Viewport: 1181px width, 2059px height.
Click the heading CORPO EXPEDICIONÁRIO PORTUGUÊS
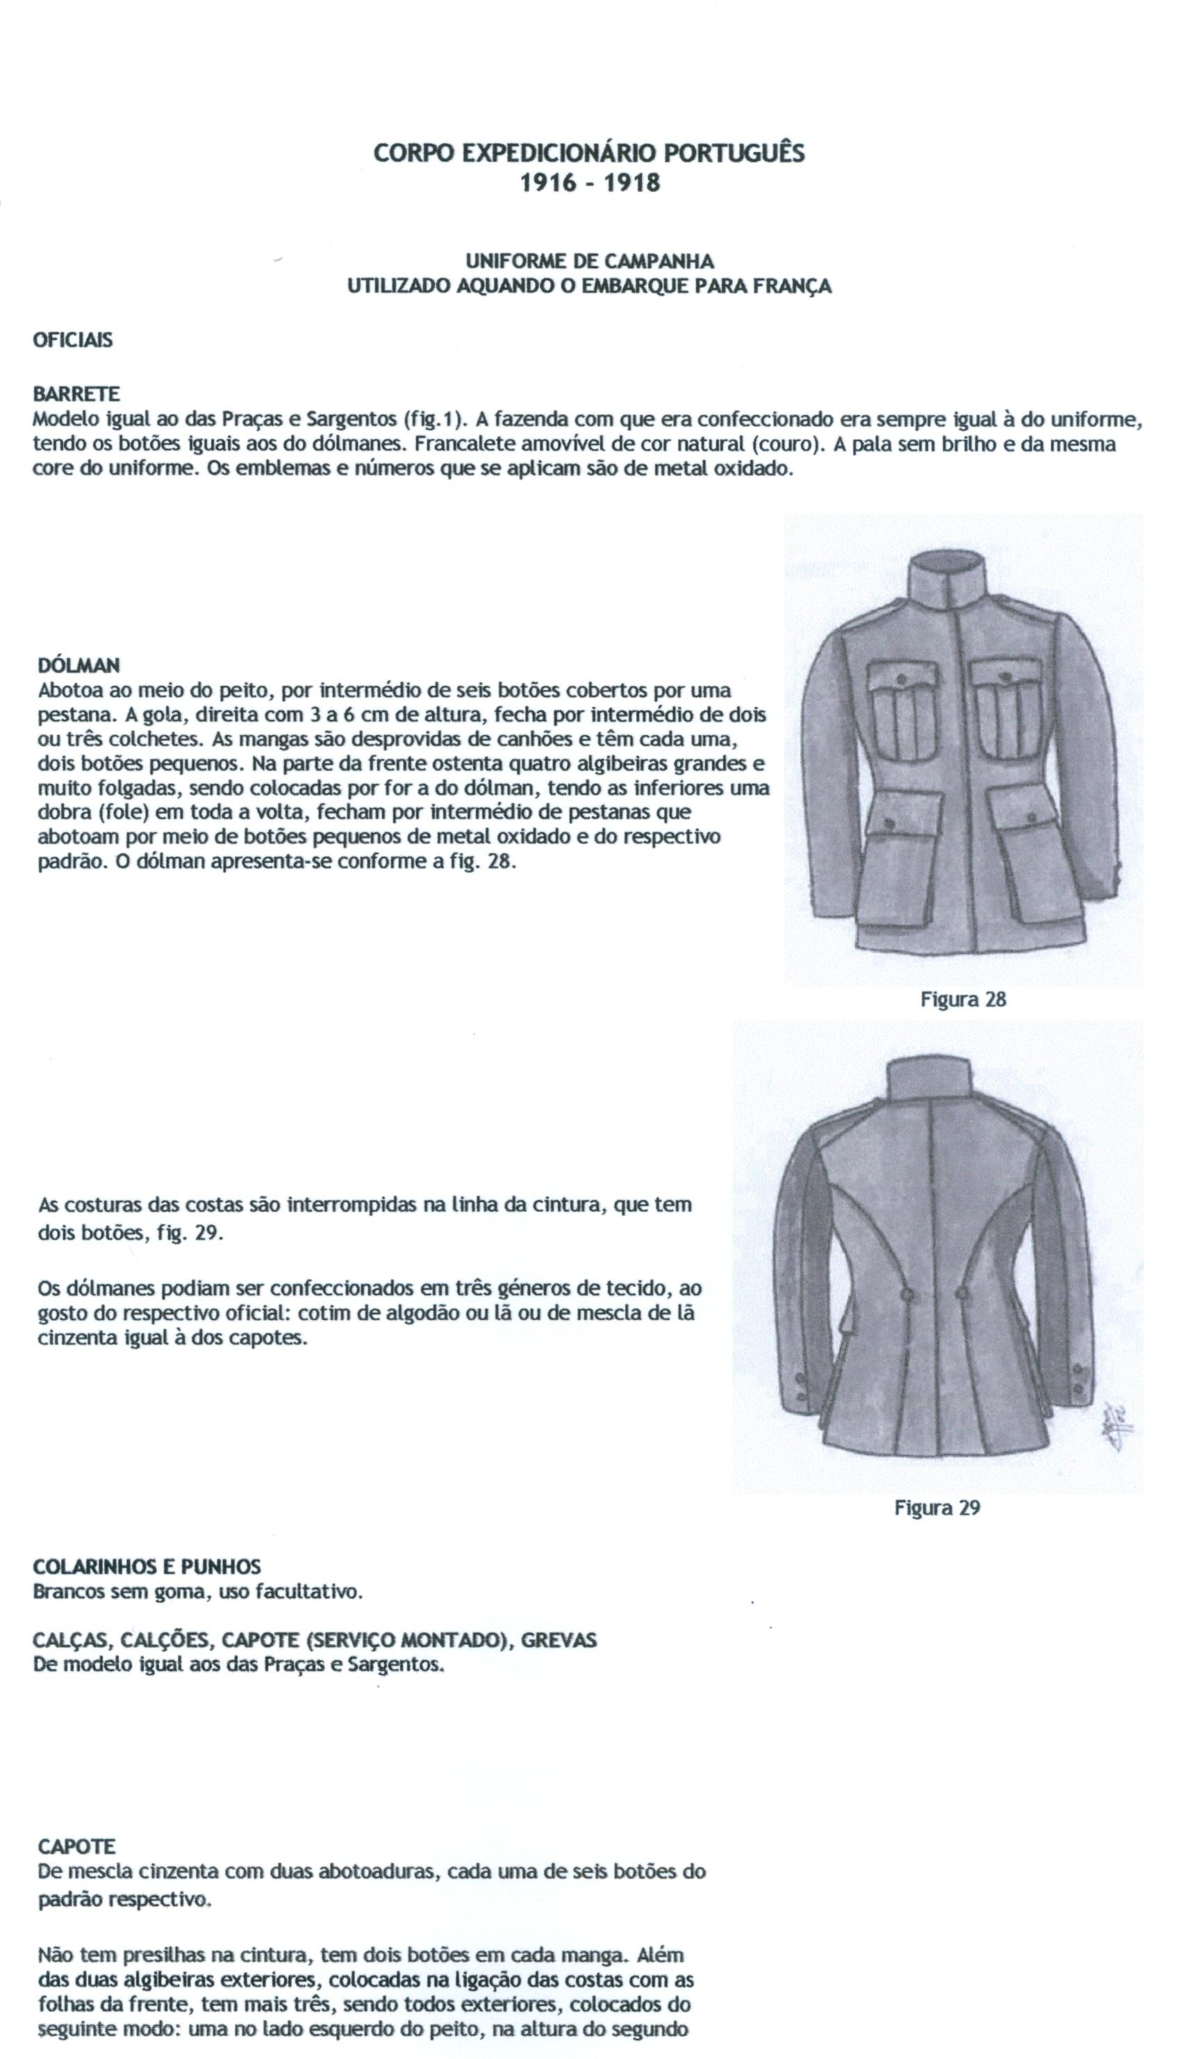[589, 154]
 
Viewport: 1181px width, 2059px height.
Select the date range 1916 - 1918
[590, 183]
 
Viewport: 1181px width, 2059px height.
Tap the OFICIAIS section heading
[73, 341]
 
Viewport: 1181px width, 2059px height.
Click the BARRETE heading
[76, 394]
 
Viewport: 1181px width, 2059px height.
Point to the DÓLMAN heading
[79, 665]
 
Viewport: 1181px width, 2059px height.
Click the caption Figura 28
[963, 999]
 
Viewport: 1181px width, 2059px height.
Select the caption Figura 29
[937, 1508]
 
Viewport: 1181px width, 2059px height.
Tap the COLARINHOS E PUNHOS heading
[147, 1566]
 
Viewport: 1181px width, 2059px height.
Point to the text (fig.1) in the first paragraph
[434, 420]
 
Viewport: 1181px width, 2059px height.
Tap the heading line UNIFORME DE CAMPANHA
[590, 261]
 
